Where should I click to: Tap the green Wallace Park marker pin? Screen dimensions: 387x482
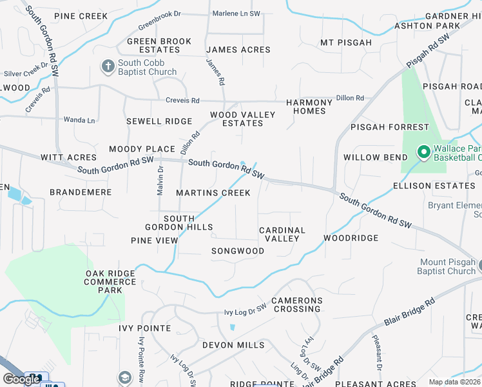click(x=423, y=152)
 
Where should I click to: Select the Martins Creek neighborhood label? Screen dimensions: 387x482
click(x=213, y=193)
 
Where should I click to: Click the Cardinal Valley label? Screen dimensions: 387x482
click(x=282, y=234)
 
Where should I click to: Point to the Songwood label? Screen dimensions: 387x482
click(x=238, y=251)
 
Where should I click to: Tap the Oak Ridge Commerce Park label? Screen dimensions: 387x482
click(x=110, y=282)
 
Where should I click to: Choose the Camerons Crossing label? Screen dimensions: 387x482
click(x=296, y=304)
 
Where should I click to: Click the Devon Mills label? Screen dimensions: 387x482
click(x=233, y=345)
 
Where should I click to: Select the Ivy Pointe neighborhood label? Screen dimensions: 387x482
click(x=145, y=328)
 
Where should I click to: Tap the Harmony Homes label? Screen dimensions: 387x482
click(x=306, y=106)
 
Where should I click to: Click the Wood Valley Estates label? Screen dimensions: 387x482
click(x=242, y=119)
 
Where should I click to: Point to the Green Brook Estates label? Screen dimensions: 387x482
click(x=159, y=45)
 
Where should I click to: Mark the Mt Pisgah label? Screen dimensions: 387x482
click(x=346, y=43)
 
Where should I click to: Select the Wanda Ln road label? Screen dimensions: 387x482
click(x=79, y=120)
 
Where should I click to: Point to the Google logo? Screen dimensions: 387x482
click(x=21, y=379)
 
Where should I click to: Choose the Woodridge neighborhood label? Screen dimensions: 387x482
click(x=351, y=238)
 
